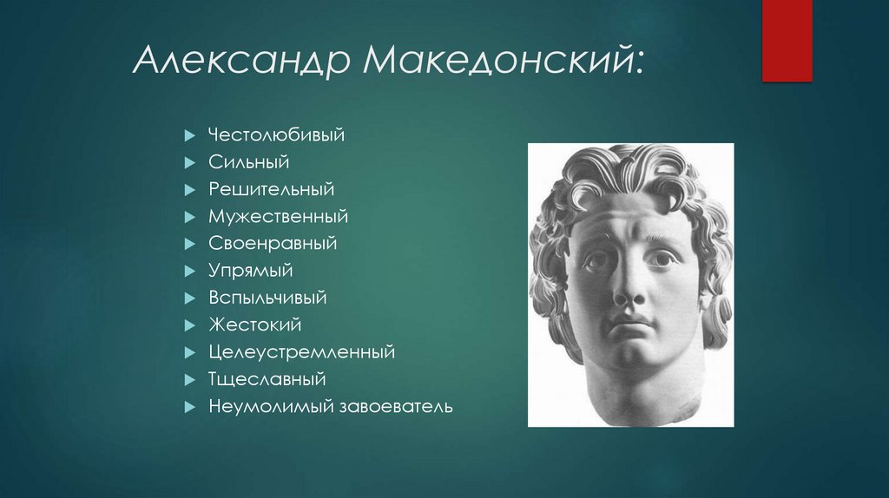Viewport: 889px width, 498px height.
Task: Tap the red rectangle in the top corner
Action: (787, 40)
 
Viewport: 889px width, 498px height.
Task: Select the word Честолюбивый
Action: (277, 135)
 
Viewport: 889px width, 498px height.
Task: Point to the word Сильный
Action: (248, 162)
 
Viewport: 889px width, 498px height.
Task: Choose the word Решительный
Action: (271, 189)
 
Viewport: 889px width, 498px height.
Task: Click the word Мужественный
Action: (278, 216)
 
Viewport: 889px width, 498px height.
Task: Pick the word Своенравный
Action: (273, 244)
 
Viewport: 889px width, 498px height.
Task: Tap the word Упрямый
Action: (251, 271)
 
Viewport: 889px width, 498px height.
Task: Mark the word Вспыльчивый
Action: (267, 298)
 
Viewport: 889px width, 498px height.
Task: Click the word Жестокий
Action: (254, 324)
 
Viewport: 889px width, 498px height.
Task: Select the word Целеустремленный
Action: (301, 352)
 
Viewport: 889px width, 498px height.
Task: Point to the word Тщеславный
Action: (267, 379)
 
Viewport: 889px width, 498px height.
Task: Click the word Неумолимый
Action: (263, 406)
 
